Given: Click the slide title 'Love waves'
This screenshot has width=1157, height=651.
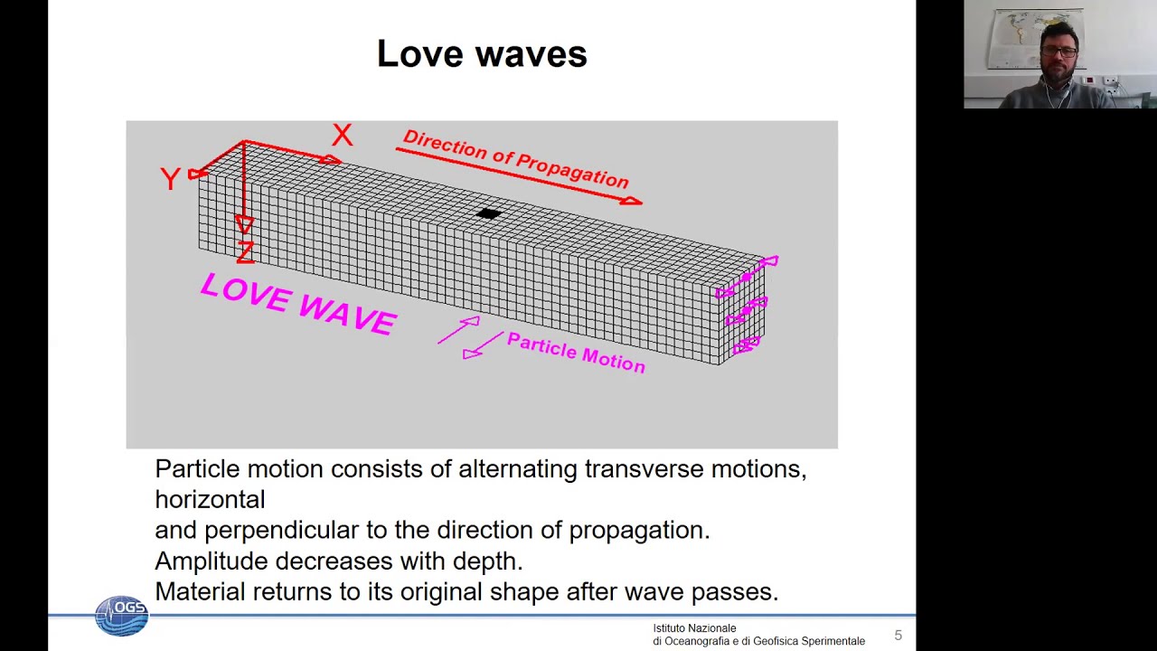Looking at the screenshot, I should (x=482, y=54).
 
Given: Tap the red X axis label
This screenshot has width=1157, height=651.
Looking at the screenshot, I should (x=342, y=136).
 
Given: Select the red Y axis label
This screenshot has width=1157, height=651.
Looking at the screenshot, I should (x=170, y=179).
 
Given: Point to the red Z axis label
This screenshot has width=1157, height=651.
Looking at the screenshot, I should (x=245, y=252).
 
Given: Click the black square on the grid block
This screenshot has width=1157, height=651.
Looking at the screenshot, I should (x=488, y=214).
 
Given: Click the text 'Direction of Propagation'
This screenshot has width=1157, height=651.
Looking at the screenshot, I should (x=515, y=160).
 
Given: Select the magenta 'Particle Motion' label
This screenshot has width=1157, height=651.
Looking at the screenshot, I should (x=576, y=353).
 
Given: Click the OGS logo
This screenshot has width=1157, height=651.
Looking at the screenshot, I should (x=121, y=615).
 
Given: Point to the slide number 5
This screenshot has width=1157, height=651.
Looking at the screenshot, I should (x=898, y=636).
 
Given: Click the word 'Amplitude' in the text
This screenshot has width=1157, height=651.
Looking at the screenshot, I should (x=211, y=561).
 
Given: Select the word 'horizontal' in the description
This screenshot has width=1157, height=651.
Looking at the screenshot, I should (x=210, y=500).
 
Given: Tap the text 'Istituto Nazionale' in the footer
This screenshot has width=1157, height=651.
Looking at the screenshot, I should (x=694, y=628).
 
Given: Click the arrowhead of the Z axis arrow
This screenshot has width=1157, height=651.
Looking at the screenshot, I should (x=244, y=224).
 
